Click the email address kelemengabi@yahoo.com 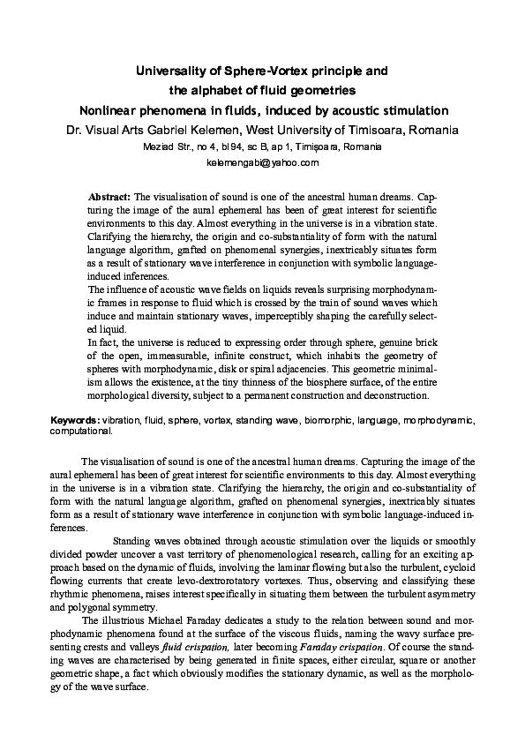tap(262, 163)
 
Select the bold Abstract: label tap(109, 194)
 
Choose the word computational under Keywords tap(80, 432)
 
